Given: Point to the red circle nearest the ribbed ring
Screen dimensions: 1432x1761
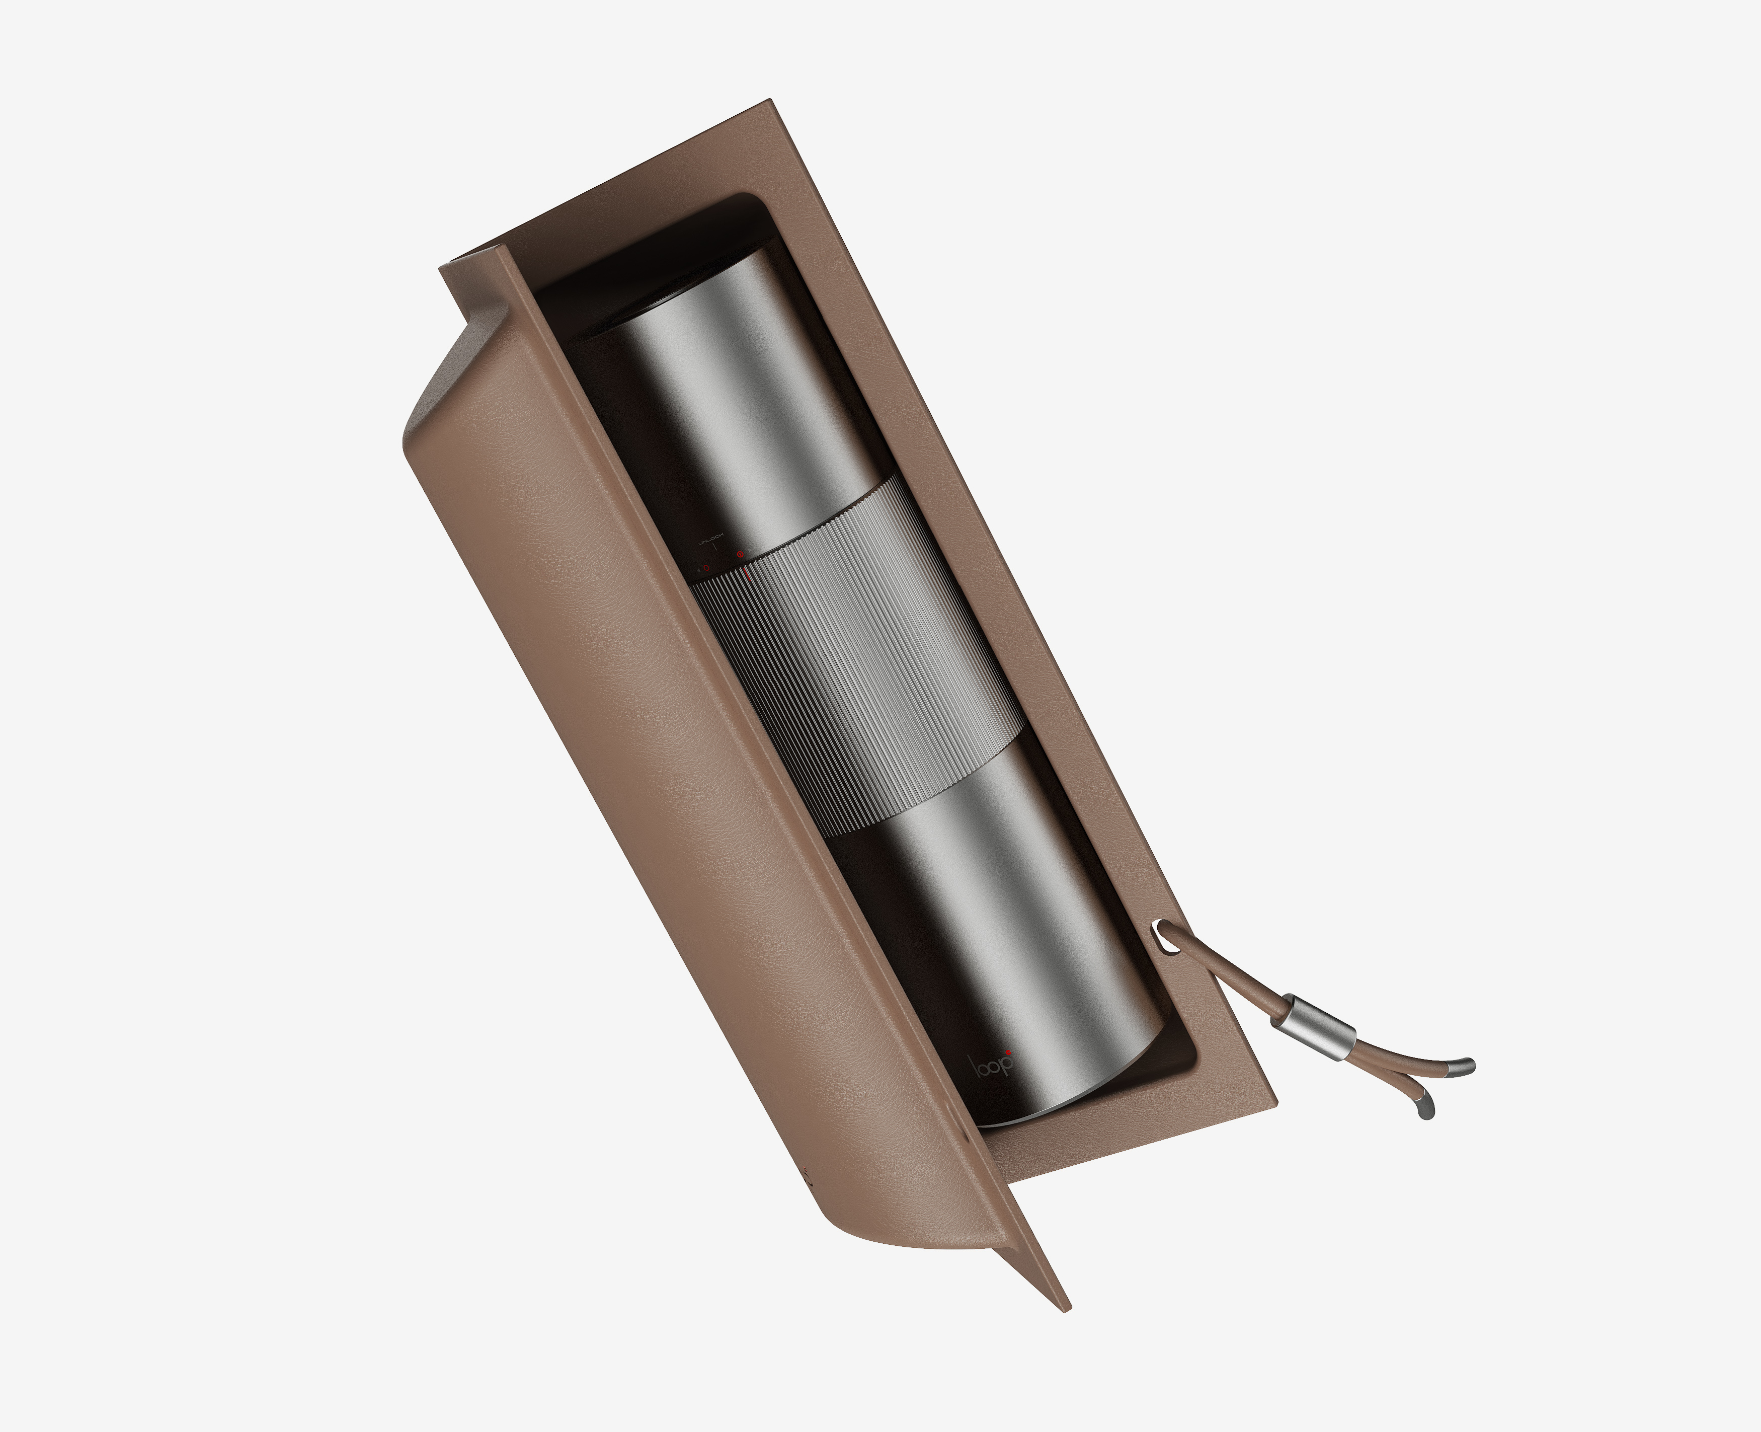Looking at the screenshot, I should tap(740, 554).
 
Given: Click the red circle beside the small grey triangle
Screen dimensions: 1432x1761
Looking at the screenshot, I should tap(706, 568).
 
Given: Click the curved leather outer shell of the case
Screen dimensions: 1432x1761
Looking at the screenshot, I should tap(660, 742).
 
